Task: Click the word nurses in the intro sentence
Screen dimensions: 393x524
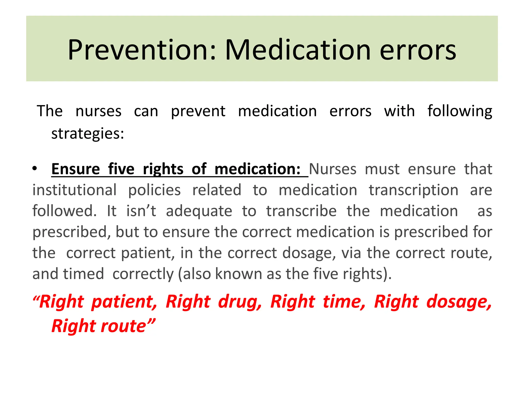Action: pyautogui.click(x=99, y=111)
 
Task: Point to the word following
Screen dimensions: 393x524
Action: pyautogui.click(x=460, y=112)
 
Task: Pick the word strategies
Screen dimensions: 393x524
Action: pyautogui.click(x=88, y=134)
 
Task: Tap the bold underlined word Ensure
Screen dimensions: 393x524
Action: pyautogui.click(x=75, y=169)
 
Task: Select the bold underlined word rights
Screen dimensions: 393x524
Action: pyautogui.click(x=163, y=170)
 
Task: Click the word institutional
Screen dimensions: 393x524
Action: pyautogui.click(x=74, y=190)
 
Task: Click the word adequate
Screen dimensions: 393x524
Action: pyautogui.click(x=199, y=211)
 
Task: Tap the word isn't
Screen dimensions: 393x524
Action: pyautogui.click(x=141, y=211)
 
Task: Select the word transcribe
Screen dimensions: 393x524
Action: pyautogui.click(x=301, y=211)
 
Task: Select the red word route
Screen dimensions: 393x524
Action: pyautogui.click(x=124, y=326)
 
